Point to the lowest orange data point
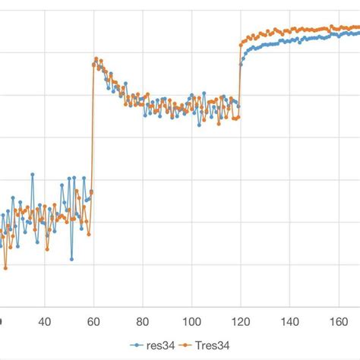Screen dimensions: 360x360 (6, 268)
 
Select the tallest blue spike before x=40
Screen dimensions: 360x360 (33, 175)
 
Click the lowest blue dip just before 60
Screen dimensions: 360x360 (72, 258)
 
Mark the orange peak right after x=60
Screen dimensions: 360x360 (96, 58)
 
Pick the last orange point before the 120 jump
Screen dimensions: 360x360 (238, 117)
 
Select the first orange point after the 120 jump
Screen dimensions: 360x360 (242, 44)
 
